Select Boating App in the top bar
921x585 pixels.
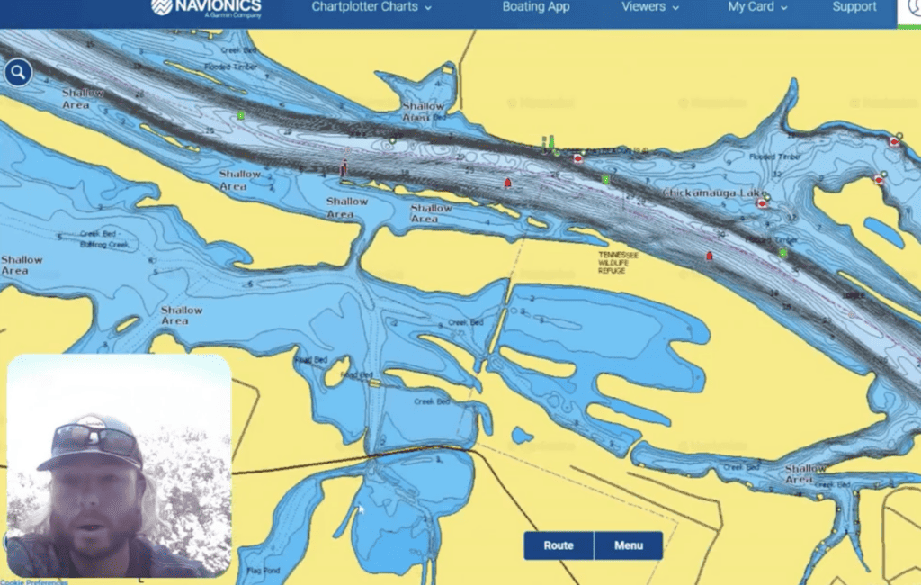[536, 7]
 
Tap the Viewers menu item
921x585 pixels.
[649, 7]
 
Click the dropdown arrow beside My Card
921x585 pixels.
[784, 8]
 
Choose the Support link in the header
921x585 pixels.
[854, 7]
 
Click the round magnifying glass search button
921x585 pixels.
[18, 73]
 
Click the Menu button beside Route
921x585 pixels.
[628, 545]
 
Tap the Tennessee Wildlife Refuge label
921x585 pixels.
[619, 262]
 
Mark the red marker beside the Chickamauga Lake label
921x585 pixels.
[762, 204]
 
